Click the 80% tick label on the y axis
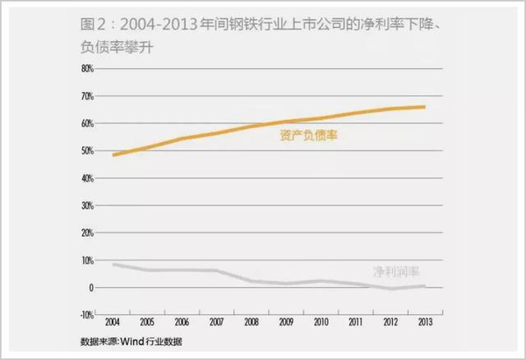point(87,69)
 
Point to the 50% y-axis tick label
point(87,151)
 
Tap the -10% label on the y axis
point(86,315)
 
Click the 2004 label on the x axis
point(113,322)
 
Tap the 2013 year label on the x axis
point(423,322)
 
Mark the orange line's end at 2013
point(424,107)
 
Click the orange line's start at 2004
point(113,155)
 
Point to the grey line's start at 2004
point(113,264)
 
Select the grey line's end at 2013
point(424,286)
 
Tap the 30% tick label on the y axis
point(87,205)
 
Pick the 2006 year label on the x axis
point(182,322)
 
